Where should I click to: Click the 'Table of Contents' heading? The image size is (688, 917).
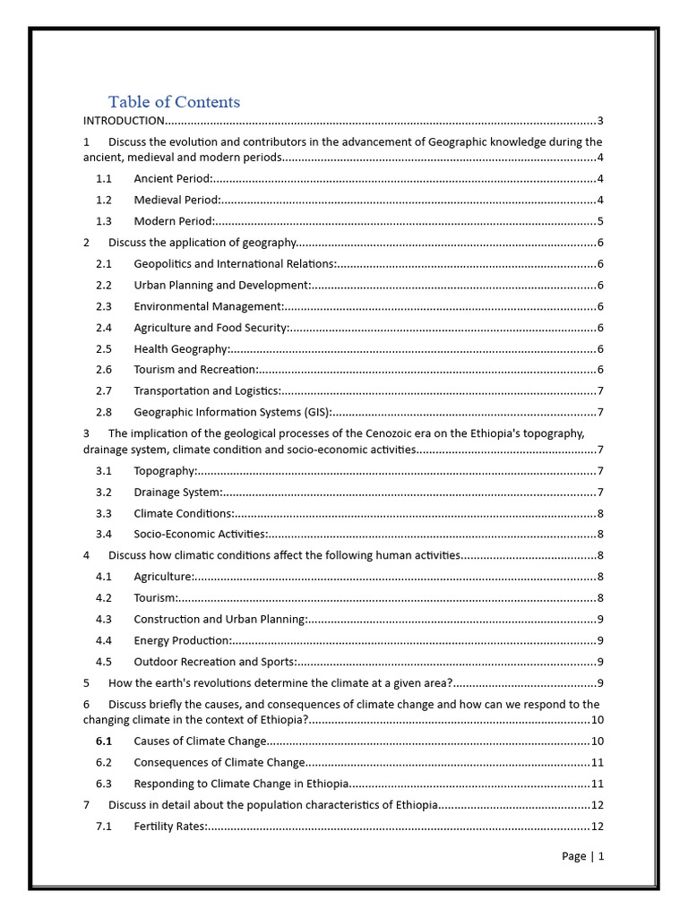click(x=174, y=101)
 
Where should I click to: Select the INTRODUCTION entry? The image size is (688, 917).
click(x=124, y=121)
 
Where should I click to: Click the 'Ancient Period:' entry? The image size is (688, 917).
click(x=173, y=179)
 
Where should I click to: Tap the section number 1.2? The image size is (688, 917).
click(x=104, y=201)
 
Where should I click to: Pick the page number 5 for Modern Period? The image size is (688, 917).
click(x=599, y=221)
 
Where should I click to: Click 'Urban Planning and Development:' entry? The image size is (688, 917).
click(x=222, y=286)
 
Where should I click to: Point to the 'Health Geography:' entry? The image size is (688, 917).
click(x=182, y=349)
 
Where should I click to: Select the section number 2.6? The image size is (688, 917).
click(x=104, y=370)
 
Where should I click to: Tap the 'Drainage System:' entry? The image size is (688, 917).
click(x=177, y=493)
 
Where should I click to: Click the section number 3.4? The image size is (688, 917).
click(x=104, y=535)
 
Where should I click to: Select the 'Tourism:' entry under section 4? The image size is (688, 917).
click(x=156, y=598)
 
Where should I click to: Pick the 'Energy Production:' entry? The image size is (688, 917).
click(x=183, y=640)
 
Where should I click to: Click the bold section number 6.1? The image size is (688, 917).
click(x=104, y=741)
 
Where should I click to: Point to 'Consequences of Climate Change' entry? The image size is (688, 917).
click(x=219, y=763)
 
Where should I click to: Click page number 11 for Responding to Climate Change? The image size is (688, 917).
click(x=597, y=784)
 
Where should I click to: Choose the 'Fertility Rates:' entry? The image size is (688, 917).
click(x=170, y=827)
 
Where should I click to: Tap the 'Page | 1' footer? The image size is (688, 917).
click(x=583, y=856)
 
